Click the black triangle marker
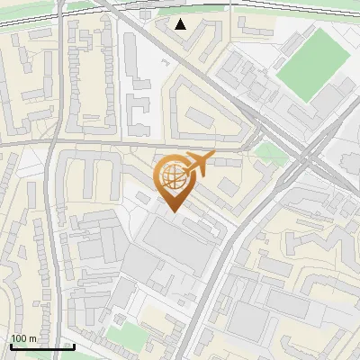(181, 23)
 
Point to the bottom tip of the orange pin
(173, 212)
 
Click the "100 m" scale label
(23, 338)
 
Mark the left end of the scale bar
(10, 346)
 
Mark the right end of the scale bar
(74, 346)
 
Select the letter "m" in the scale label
(32, 338)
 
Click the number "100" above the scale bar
(19, 338)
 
